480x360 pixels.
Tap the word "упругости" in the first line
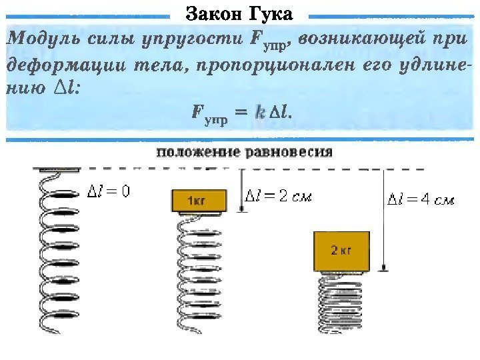(201, 39)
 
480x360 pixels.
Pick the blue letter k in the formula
(260, 115)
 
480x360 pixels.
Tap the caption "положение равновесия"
(244, 151)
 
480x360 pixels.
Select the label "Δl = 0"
(109, 191)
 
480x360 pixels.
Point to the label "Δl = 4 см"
(421, 199)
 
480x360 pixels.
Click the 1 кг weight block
(197, 201)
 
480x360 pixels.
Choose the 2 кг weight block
(341, 251)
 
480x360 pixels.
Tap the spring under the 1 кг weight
(197, 273)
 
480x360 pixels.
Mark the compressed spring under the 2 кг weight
(341, 303)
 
